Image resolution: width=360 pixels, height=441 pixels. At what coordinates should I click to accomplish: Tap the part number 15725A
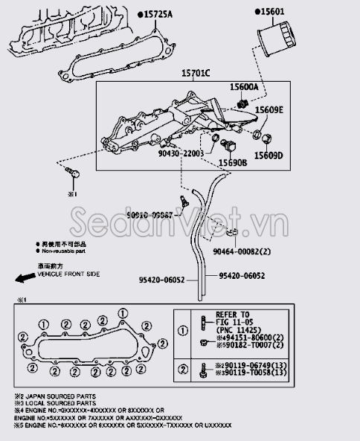[x=157, y=14]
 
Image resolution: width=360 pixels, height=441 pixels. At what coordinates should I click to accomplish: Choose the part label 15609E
[x=269, y=110]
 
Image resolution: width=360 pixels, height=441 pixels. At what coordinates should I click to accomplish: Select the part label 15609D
[x=269, y=155]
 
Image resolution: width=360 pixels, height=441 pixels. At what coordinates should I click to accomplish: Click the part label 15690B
[x=232, y=162]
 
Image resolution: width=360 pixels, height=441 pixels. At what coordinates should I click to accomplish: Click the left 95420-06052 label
[x=162, y=280]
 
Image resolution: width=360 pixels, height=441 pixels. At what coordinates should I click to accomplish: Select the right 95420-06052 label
[x=242, y=276]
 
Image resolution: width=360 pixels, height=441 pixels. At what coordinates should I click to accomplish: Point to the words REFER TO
[x=232, y=315]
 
